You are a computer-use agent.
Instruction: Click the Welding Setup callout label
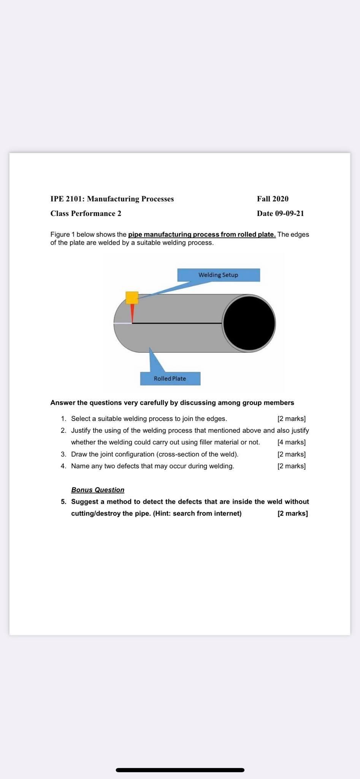pyautogui.click(x=218, y=275)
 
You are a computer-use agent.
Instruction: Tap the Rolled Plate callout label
pyautogui.click(x=170, y=378)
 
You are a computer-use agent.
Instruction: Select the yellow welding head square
pyautogui.click(x=132, y=297)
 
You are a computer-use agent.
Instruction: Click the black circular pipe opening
pyautogui.click(x=249, y=323)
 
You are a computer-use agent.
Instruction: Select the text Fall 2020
pyautogui.click(x=273, y=199)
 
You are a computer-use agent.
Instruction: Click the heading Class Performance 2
pyautogui.click(x=86, y=213)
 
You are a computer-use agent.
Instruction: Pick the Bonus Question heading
pyautogui.click(x=98, y=490)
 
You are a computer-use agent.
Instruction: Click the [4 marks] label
pyautogui.click(x=292, y=442)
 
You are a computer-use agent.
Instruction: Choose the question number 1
pyautogui.click(x=63, y=419)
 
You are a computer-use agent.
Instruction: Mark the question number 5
pyautogui.click(x=63, y=502)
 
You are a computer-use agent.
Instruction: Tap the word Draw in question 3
pyautogui.click(x=79, y=454)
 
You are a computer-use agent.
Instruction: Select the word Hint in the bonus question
pyautogui.click(x=162, y=514)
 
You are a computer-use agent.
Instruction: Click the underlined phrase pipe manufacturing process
pyautogui.click(x=173, y=234)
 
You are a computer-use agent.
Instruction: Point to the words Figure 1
pyautogui.click(x=62, y=234)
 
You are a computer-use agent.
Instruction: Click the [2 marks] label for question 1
pyautogui.click(x=292, y=419)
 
